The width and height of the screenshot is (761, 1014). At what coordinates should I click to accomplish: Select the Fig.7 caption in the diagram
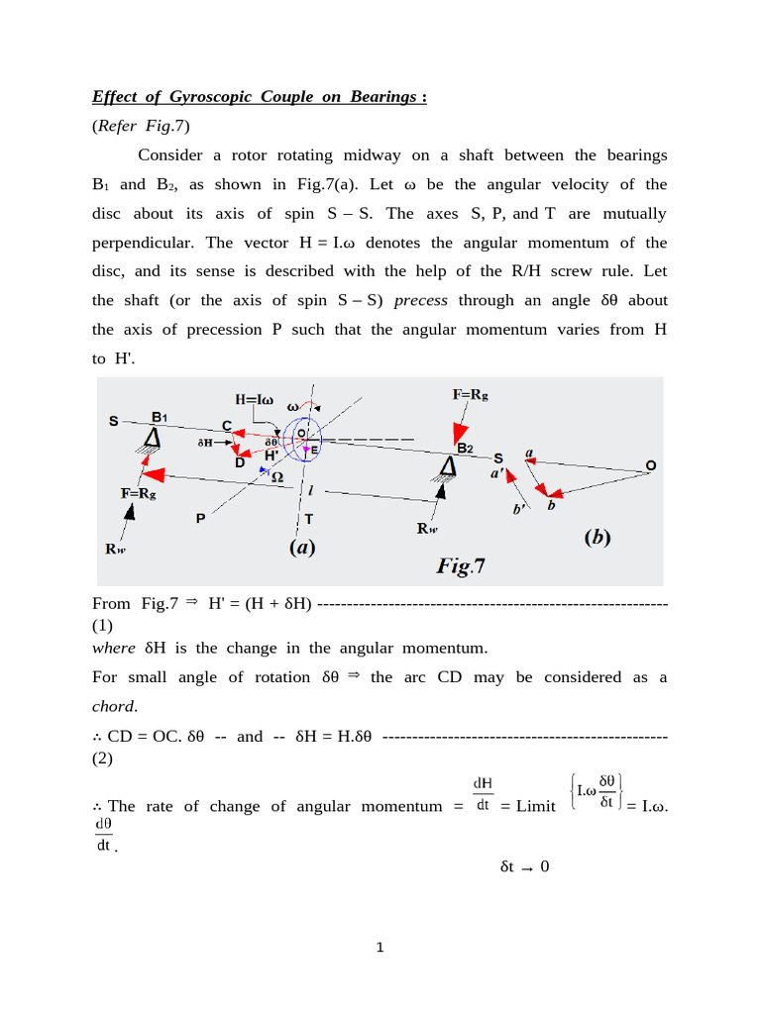[x=461, y=565]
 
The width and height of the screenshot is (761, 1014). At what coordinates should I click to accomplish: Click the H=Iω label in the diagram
[x=257, y=398]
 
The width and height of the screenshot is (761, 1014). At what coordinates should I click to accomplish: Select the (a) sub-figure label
[x=302, y=547]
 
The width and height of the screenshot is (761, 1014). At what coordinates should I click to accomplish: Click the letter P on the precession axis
[x=200, y=517]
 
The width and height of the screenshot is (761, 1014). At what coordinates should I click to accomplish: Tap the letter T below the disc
[x=309, y=518]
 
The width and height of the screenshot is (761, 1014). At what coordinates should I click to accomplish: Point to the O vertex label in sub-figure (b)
[x=650, y=464]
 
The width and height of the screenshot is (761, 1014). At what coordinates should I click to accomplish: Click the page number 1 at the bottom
[x=380, y=948]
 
